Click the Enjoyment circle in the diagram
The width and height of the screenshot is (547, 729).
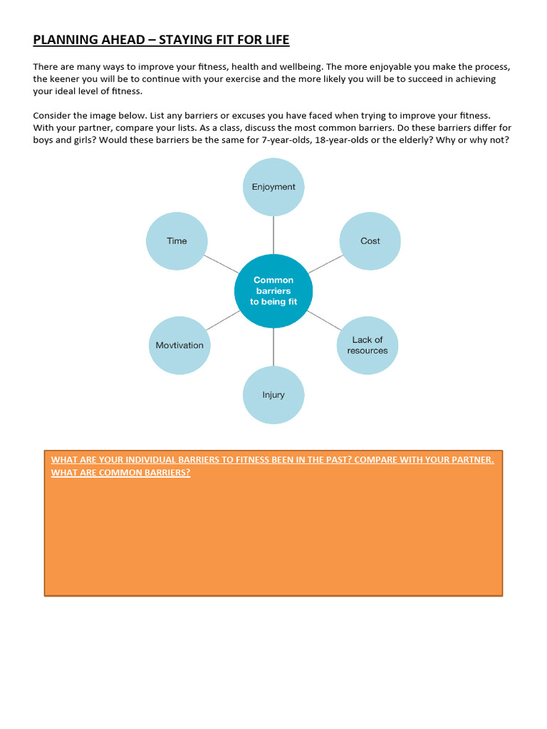pos(273,187)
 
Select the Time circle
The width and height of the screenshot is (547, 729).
pos(177,241)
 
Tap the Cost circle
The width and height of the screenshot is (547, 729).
pos(370,241)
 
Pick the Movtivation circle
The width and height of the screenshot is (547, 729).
pos(179,345)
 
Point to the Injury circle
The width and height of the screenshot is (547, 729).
pos(273,395)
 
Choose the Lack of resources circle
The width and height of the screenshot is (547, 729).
pos(368,345)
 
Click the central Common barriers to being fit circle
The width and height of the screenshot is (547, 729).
pos(273,290)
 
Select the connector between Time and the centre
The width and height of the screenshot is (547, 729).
pos(221,263)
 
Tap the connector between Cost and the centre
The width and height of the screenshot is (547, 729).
pos(326,264)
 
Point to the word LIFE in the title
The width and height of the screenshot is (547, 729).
pos(275,40)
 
